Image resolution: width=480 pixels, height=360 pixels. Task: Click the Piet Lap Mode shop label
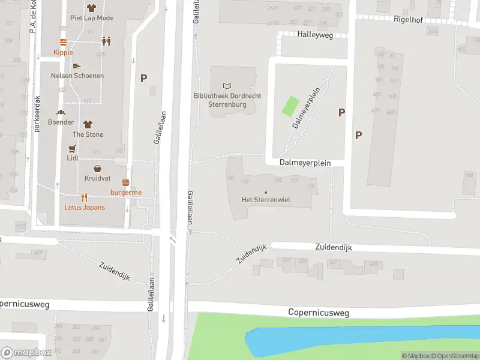pyautogui.click(x=92, y=18)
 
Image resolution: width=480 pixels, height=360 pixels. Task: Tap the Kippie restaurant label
pyautogui.click(x=63, y=52)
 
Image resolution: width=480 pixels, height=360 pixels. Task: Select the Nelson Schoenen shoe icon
pyautogui.click(x=77, y=66)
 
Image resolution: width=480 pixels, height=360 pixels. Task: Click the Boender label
pyautogui.click(x=61, y=122)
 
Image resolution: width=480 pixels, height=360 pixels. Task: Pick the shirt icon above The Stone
pyautogui.click(x=88, y=124)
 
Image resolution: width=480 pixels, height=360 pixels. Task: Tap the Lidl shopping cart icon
pyautogui.click(x=73, y=149)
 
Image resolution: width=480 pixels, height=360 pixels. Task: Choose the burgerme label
pyautogui.click(x=126, y=192)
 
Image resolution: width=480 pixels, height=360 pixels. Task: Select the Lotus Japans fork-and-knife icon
pyautogui.click(x=85, y=197)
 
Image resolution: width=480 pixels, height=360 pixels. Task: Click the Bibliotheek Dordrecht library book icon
pyautogui.click(x=227, y=86)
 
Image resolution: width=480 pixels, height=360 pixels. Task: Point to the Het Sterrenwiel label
pyautogui.click(x=266, y=200)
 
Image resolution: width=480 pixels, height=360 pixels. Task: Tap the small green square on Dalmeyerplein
pyautogui.click(x=290, y=106)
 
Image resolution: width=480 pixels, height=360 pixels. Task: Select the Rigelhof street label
pyautogui.click(x=408, y=20)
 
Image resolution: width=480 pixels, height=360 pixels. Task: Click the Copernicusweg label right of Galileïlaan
pyautogui.click(x=318, y=313)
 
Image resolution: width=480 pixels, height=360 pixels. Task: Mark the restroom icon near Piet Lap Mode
pyautogui.click(x=106, y=41)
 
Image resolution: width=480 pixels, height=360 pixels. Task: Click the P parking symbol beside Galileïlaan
pyautogui.click(x=143, y=78)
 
